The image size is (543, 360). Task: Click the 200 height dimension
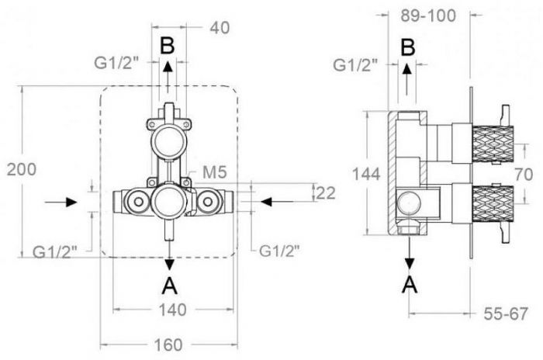(22, 170)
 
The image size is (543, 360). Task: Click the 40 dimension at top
(220, 28)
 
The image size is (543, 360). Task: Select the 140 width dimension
(172, 310)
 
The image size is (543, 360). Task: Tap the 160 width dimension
(168, 345)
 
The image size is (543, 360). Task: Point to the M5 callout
(215, 172)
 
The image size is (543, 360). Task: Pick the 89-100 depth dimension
(428, 16)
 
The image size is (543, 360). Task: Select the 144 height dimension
(366, 174)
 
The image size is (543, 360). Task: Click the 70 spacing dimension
(524, 175)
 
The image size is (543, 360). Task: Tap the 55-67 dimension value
(506, 314)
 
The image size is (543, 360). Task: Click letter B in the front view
(168, 46)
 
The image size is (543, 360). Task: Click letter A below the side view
(410, 285)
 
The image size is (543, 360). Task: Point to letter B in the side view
(408, 47)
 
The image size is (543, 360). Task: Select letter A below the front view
(170, 286)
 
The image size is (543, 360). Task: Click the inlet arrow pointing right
(61, 202)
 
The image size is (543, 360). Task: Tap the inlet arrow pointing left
(277, 201)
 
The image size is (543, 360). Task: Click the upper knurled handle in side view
(493, 144)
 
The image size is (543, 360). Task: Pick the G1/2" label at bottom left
(54, 252)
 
